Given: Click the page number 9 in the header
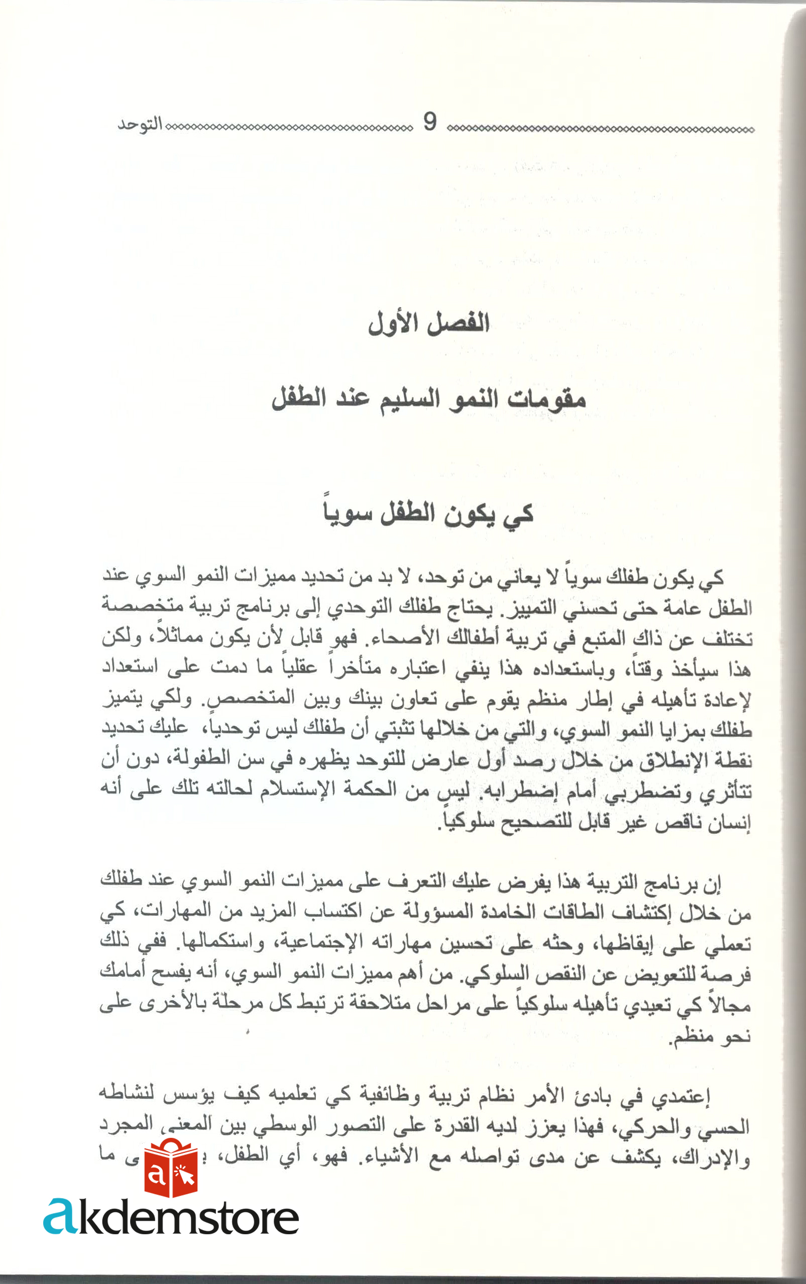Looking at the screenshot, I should click(x=430, y=123).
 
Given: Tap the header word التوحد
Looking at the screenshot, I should click(x=140, y=125).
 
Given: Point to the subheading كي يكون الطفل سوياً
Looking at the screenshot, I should click(x=428, y=513).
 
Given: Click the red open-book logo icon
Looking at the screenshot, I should click(x=171, y=1168).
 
